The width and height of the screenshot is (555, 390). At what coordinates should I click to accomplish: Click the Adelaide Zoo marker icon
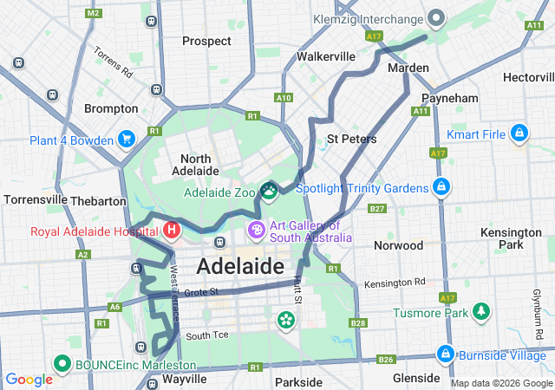269,190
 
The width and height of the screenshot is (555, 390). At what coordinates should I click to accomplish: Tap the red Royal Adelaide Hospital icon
172,231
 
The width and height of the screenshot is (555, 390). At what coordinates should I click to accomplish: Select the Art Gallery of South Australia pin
257,231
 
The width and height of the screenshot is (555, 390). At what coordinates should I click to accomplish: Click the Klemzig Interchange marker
436,17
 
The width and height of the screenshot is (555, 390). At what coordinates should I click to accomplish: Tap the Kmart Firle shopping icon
519,133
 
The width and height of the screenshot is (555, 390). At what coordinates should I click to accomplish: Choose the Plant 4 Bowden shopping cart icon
127,139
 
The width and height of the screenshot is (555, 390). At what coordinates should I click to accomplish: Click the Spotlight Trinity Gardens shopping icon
441,187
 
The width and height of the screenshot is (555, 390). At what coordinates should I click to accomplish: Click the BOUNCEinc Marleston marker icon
62,364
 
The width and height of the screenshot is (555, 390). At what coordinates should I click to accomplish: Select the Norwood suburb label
397,245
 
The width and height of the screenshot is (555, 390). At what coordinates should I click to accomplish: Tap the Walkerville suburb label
326,56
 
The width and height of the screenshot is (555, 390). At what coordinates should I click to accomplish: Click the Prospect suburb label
206,41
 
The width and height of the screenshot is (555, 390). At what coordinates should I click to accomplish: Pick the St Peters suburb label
351,139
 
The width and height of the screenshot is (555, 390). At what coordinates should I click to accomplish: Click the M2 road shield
94,14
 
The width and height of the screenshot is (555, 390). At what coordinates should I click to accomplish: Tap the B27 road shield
376,209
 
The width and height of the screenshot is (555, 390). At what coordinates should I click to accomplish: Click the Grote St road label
199,293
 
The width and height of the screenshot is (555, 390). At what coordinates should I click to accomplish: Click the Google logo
29,379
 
